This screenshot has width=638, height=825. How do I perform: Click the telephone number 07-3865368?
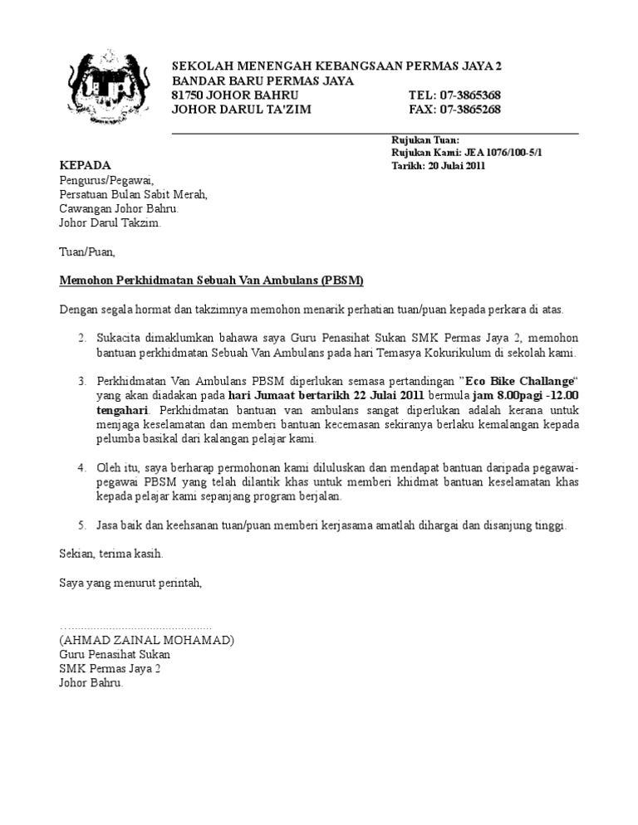tap(470, 95)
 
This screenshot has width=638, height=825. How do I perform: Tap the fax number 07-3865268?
tap(471, 110)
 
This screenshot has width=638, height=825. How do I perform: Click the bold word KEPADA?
tap(85, 166)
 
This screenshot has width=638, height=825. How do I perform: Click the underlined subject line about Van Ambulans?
tap(212, 281)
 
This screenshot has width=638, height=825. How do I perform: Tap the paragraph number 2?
tap(81, 339)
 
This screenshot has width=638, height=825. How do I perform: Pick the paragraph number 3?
tap(81, 381)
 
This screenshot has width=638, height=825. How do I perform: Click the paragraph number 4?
tap(81, 468)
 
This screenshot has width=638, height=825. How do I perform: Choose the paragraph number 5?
tap(81, 525)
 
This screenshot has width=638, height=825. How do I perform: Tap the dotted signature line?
tap(135, 627)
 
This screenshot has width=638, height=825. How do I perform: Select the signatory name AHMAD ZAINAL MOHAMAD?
tap(146, 640)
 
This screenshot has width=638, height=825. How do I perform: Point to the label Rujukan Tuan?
tap(425, 141)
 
